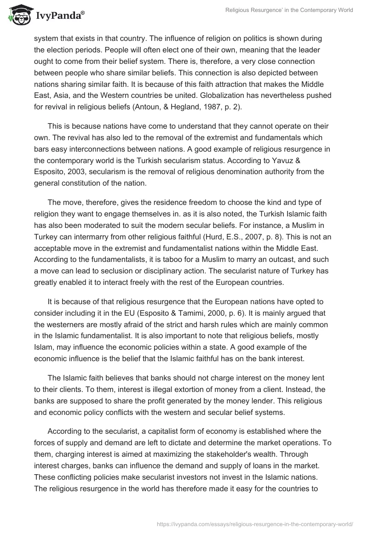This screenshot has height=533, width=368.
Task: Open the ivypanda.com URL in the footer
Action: point(255,523)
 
